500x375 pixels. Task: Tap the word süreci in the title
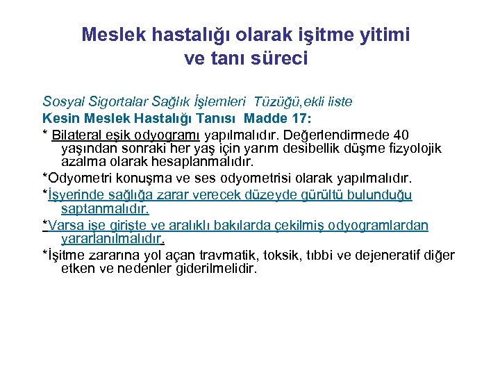point(278,58)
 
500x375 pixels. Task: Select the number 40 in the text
point(401,134)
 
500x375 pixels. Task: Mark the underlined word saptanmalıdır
point(106,208)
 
